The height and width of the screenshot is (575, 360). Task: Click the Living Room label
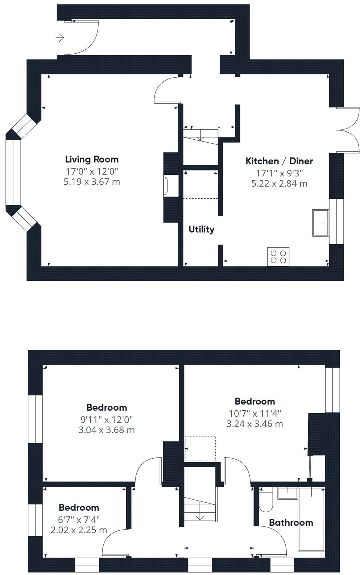(x=92, y=159)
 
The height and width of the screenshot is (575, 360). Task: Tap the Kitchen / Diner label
(x=279, y=161)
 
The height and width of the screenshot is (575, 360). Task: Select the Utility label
(x=201, y=229)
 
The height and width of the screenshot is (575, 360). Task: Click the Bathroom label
(x=291, y=523)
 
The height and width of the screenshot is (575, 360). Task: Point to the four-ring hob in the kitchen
(x=278, y=256)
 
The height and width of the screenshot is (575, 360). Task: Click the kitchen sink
(x=320, y=223)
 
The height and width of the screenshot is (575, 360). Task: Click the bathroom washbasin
(x=287, y=493)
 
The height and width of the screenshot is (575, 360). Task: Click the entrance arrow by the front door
(x=60, y=37)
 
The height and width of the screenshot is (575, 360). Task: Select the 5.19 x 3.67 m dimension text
(x=92, y=182)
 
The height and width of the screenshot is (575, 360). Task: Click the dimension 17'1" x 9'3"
(x=279, y=173)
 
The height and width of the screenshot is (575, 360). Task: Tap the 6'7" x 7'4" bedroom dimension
(x=79, y=519)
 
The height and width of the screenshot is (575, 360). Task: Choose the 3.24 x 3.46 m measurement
(x=255, y=424)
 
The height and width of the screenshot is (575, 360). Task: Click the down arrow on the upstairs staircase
(x=200, y=517)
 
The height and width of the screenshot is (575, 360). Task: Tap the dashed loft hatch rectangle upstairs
(x=200, y=449)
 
